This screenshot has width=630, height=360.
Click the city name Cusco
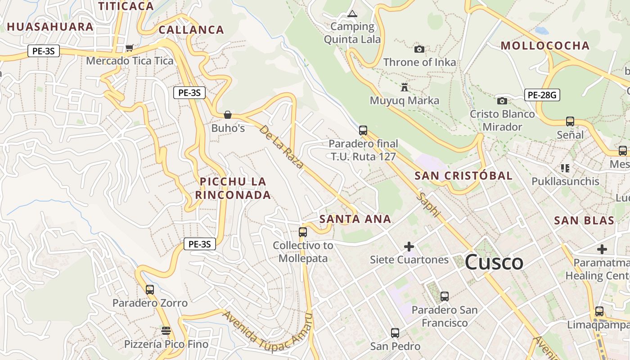pyautogui.click(x=494, y=262)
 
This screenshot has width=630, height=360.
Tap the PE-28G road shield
pyautogui.click(x=542, y=95)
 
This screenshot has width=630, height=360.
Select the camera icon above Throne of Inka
pyautogui.click(x=419, y=49)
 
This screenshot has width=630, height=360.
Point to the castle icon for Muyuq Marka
pyautogui.click(x=405, y=87)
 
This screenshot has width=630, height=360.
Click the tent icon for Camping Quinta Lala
pyautogui.click(x=352, y=14)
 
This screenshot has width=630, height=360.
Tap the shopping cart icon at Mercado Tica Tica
pyautogui.click(x=130, y=48)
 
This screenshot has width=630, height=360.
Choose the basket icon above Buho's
pyautogui.click(x=228, y=115)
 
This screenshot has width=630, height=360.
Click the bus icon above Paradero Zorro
pyautogui.click(x=150, y=290)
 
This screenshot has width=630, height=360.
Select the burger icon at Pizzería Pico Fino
pyautogui.click(x=166, y=331)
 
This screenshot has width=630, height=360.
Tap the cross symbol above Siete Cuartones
pyautogui.click(x=409, y=247)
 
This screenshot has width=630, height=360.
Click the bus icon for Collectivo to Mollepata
pyautogui.click(x=303, y=232)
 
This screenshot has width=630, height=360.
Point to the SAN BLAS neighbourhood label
pyautogui.click(x=584, y=220)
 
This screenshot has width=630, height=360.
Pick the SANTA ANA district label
pyautogui.click(x=355, y=219)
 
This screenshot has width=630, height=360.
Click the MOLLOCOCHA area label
pyautogui.click(x=545, y=45)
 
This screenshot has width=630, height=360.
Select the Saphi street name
pyautogui.click(x=427, y=205)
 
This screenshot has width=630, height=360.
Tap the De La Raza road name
pyautogui.click(x=282, y=147)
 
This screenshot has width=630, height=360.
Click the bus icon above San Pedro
pyautogui.click(x=395, y=333)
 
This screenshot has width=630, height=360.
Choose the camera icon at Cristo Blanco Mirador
pyautogui.click(x=502, y=101)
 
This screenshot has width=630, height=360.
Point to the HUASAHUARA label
pyautogui.click(x=50, y=27)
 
